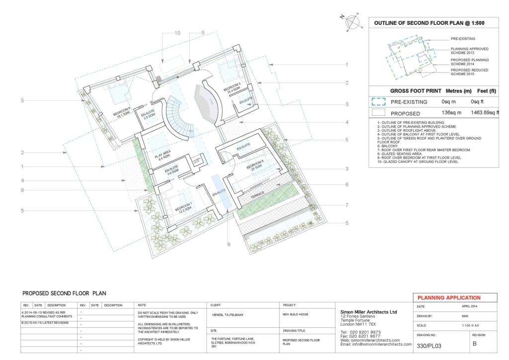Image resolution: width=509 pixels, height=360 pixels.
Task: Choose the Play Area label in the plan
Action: coord(161,158)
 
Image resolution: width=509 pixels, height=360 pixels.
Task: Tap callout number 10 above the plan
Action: coord(164,33)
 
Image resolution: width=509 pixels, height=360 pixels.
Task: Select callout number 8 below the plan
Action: coord(229,244)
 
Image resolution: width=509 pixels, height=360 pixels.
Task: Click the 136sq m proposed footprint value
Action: coord(452,112)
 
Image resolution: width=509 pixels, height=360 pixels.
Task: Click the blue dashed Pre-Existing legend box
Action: coord(379,102)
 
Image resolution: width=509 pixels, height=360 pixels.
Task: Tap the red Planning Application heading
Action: coord(449,297)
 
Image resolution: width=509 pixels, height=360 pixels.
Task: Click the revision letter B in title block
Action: coord(475,344)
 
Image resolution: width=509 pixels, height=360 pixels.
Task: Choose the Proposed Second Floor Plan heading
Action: coord(64,293)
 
